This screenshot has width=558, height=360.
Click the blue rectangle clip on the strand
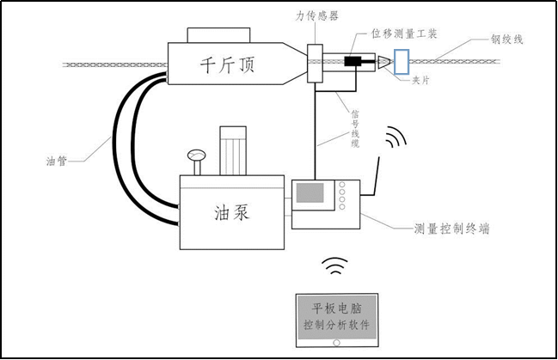pyautogui.click(x=402, y=61)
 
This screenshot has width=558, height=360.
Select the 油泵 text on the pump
pyautogui.click(x=230, y=211)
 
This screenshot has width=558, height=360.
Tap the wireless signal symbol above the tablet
pyautogui.click(x=334, y=266)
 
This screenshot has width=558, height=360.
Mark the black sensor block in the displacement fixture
pyautogui.click(x=353, y=62)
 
